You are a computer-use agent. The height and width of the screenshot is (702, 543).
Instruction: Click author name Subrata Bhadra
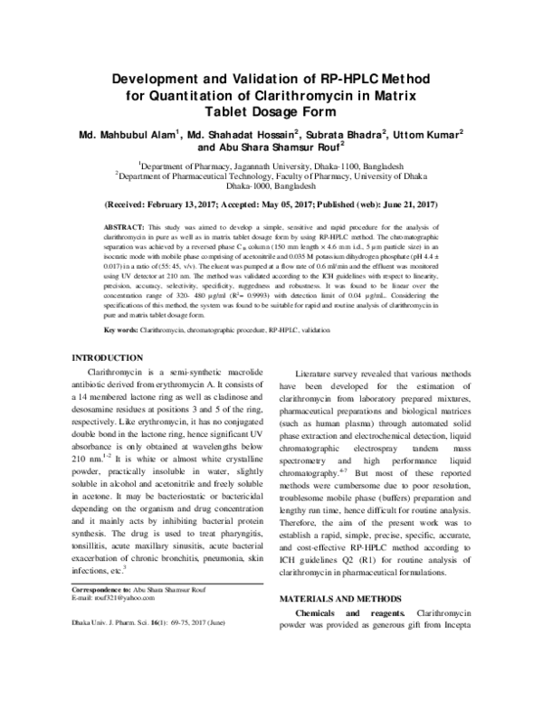347,134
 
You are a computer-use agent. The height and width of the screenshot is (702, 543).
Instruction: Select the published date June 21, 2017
405,205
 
